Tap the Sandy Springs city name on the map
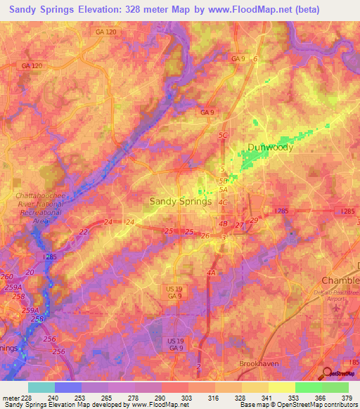pos(181,201)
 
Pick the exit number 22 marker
pos(84,232)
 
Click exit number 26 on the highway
pos(205,235)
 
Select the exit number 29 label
pos(254,221)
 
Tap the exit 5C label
pos(224,135)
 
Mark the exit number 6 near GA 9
pos(255,59)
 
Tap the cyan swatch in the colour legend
pos(41,387)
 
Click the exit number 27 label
pos(239,225)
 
